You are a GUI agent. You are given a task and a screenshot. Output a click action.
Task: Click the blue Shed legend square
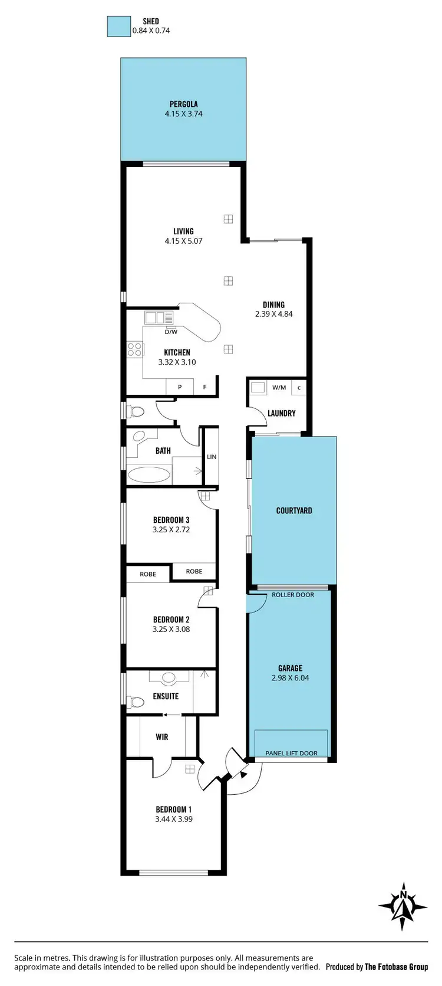tap(118, 26)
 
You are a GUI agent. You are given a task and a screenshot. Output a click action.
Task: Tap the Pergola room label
tap(183, 104)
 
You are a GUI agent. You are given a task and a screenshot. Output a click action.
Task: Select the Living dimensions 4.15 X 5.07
tap(183, 241)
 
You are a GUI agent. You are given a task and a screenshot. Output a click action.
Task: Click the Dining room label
tap(273, 304)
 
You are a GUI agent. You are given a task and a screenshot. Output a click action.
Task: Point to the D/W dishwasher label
tap(171, 332)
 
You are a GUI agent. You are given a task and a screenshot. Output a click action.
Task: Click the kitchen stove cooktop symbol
tap(135, 349)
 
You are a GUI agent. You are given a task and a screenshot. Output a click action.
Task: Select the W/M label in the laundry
tap(279, 388)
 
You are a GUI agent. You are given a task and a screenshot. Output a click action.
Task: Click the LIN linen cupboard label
tap(212, 457)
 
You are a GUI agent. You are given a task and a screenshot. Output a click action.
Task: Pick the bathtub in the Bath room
tap(149, 474)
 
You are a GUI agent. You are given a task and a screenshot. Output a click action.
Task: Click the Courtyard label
tap(294, 510)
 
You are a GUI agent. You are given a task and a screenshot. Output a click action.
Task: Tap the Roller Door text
tap(293, 595)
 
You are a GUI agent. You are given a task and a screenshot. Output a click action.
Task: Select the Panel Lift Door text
tap(291, 753)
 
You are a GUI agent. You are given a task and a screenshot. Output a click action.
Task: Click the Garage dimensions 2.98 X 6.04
tap(290, 678)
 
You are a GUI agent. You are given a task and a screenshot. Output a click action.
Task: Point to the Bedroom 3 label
tap(171, 520)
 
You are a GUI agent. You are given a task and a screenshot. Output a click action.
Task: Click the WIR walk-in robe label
tap(162, 737)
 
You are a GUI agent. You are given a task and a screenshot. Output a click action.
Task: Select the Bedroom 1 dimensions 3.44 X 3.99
tap(173, 819)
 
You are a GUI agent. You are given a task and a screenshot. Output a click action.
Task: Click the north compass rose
tap(403, 907)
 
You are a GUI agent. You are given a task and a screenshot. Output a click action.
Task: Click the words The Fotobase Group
tap(396, 967)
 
